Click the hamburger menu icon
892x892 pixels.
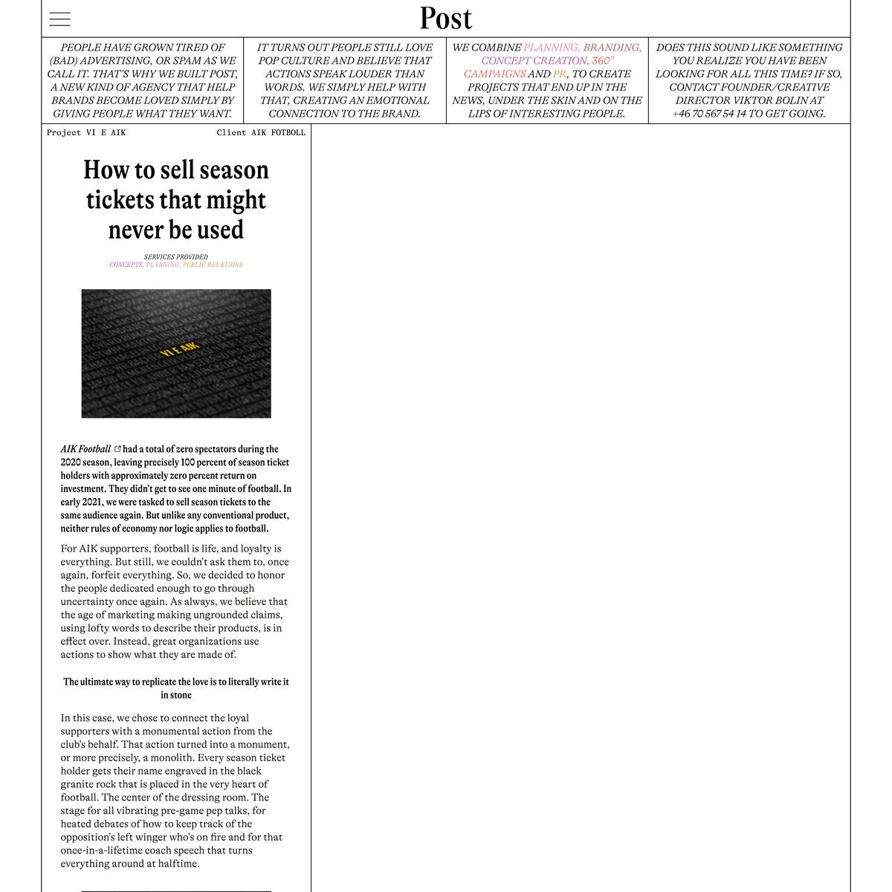(x=60, y=19)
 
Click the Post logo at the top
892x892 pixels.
(x=445, y=19)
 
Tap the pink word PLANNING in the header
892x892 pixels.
(x=551, y=48)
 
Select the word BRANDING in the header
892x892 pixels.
(x=612, y=48)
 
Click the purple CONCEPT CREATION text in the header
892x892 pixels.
(x=534, y=61)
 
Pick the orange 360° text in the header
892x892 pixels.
(x=603, y=61)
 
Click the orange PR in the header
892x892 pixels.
(x=559, y=74)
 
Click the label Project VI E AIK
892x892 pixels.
(x=86, y=132)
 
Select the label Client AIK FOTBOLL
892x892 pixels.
(x=261, y=132)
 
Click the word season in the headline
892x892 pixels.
(x=233, y=170)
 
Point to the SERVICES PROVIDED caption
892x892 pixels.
(x=176, y=257)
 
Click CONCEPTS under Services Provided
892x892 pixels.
(x=126, y=265)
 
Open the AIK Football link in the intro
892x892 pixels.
(x=85, y=449)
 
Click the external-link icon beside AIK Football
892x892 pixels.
(x=117, y=449)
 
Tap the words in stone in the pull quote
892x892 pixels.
(x=176, y=695)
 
